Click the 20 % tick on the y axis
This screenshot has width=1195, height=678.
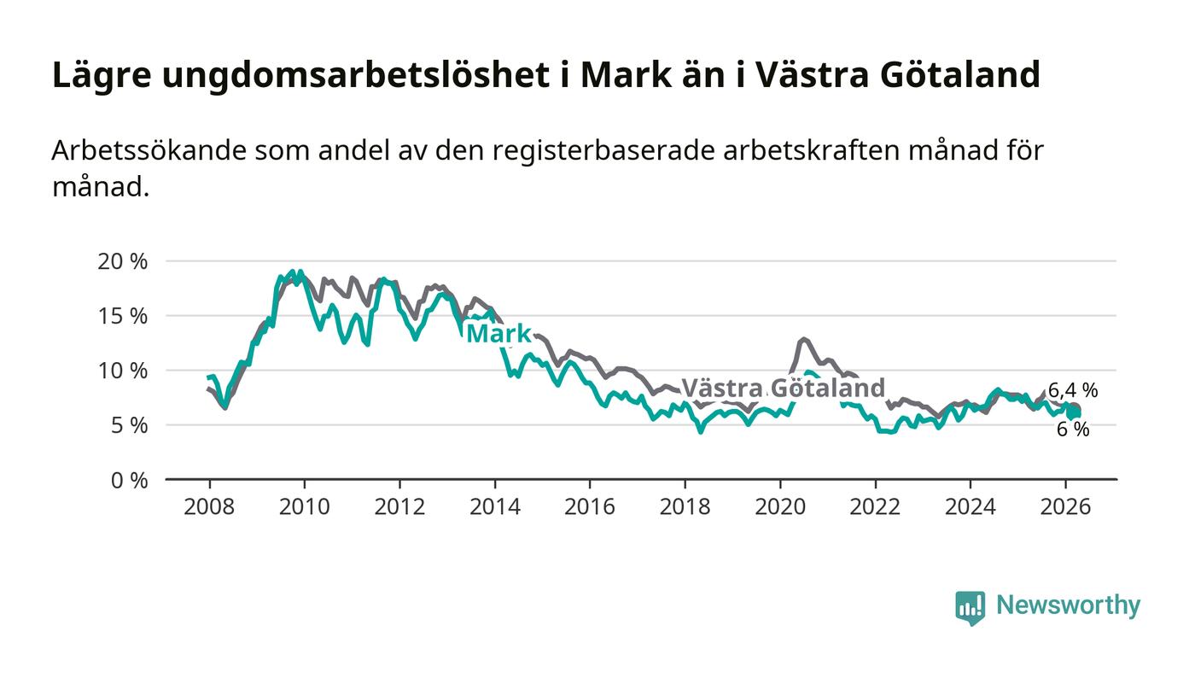[123, 261]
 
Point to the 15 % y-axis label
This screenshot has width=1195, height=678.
[123, 316]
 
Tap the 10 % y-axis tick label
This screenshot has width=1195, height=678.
[123, 371]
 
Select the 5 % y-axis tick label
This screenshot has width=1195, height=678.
[130, 425]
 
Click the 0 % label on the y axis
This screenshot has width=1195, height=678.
[130, 480]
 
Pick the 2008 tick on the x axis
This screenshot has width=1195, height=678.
[209, 506]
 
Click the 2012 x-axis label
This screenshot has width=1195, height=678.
[399, 506]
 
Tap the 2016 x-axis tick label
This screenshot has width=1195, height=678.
[590, 506]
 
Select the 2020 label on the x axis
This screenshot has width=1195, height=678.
[780, 506]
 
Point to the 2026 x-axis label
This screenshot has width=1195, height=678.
[1066, 506]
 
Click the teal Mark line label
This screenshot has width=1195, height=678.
[499, 334]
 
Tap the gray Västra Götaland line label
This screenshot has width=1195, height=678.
[783, 389]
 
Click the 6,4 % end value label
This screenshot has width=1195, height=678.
[1072, 391]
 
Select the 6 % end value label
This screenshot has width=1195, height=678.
[1073, 430]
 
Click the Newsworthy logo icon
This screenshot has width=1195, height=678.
[970, 607]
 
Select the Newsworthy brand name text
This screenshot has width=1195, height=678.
[1068, 605]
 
